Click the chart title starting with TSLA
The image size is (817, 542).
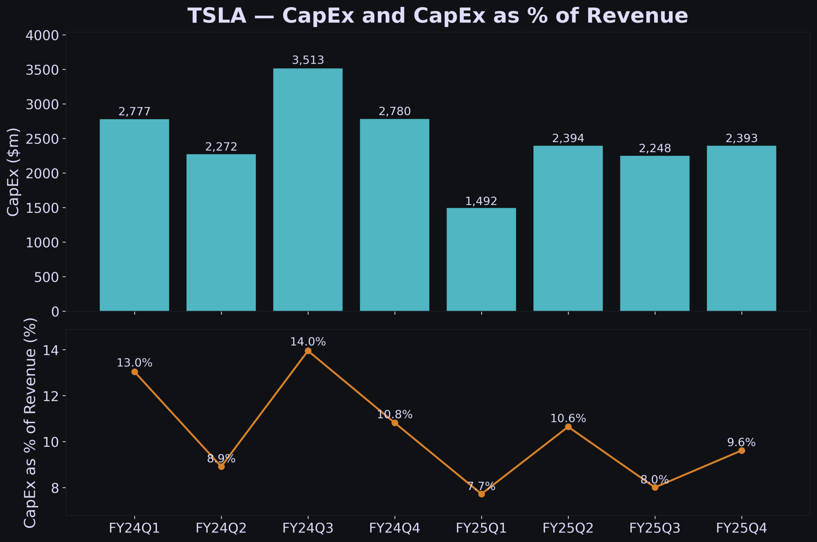click(x=437, y=16)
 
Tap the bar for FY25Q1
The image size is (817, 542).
click(x=481, y=260)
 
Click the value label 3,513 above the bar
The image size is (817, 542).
click(x=308, y=60)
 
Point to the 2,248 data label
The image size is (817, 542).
click(x=654, y=148)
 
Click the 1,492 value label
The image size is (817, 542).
click(x=481, y=201)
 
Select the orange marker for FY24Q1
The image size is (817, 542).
click(x=134, y=372)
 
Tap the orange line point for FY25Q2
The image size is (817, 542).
click(x=568, y=427)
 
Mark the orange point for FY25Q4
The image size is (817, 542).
click(x=742, y=451)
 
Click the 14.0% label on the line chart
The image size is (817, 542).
click(x=308, y=342)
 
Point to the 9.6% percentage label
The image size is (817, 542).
click(x=741, y=442)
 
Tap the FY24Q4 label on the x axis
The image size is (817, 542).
click(x=394, y=528)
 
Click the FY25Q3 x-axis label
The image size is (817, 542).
click(x=654, y=528)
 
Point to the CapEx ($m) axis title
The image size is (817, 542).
click(x=13, y=172)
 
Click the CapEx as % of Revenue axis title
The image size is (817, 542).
click(x=30, y=423)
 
